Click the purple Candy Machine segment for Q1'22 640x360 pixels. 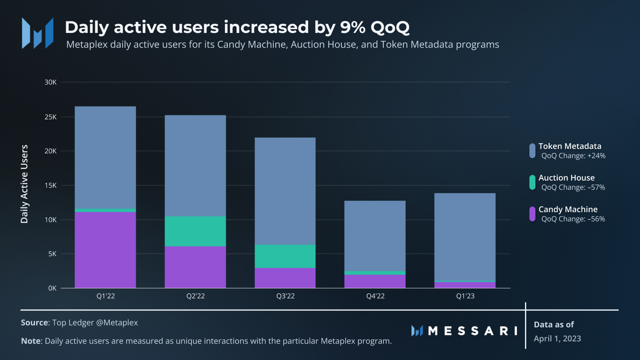tap(105, 250)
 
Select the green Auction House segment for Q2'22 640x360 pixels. tap(195, 231)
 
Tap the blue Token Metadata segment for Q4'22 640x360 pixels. tap(375, 236)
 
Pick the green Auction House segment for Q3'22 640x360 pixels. tap(285, 256)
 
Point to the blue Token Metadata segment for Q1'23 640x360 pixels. tap(465, 237)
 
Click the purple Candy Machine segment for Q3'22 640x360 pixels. tap(285, 278)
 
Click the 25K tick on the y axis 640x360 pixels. tap(50, 117)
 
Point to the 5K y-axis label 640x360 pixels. tap(52, 254)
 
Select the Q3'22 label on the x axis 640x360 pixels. tap(285, 296)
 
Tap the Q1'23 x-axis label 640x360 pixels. tap(465, 296)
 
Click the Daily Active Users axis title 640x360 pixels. tap(24, 184)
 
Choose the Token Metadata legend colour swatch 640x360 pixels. tap(532, 151)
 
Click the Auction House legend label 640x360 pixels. tap(566, 178)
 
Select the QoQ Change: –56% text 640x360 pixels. tap(573, 219)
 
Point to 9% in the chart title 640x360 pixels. tap(353, 27)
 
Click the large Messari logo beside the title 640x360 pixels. tap(38, 33)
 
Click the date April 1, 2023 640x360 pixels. tap(557, 338)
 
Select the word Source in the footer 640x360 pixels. tap(34, 323)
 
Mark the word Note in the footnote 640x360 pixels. tap(30, 341)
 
